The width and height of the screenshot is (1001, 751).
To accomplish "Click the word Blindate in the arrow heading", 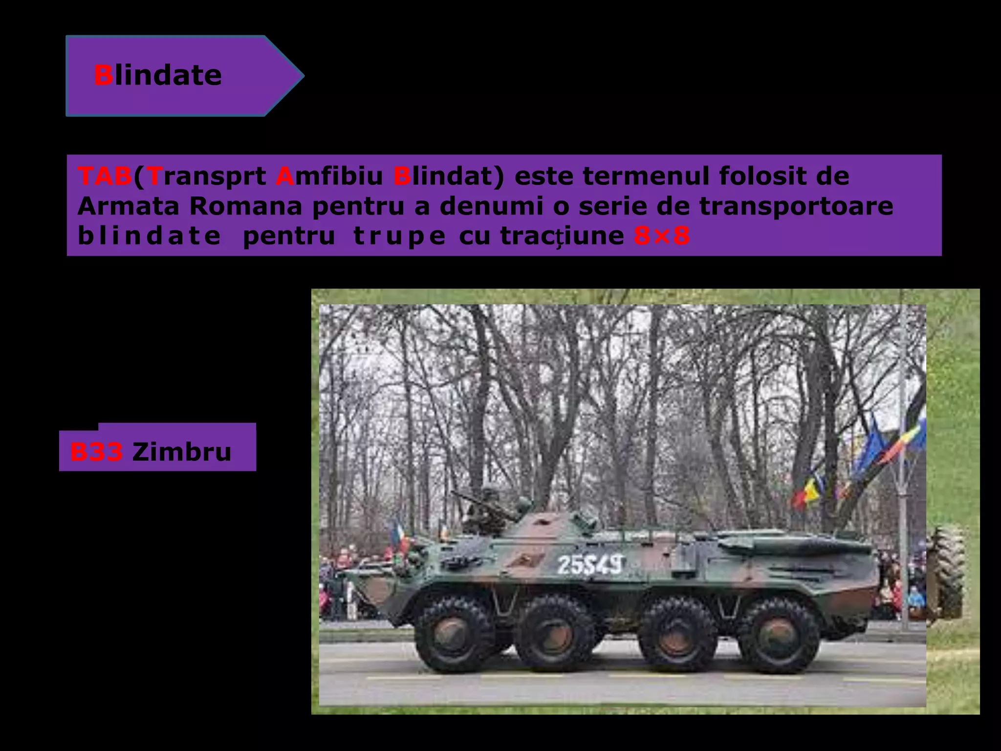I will (x=157, y=76).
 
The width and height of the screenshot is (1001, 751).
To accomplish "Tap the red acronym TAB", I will (x=105, y=176).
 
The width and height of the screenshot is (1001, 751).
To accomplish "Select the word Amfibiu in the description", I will (x=329, y=176).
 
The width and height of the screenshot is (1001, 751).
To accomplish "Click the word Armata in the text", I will (x=128, y=206).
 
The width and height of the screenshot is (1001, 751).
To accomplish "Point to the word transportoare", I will (x=796, y=206).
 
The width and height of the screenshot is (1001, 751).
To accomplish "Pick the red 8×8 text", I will (x=661, y=237).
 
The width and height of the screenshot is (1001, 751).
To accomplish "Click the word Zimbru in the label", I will (x=181, y=452).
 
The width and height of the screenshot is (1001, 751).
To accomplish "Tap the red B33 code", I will (x=96, y=452).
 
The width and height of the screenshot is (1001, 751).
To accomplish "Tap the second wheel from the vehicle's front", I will (x=554, y=635).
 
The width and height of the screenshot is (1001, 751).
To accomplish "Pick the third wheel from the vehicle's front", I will (x=678, y=635).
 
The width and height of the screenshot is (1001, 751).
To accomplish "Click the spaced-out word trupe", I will (x=399, y=237).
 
